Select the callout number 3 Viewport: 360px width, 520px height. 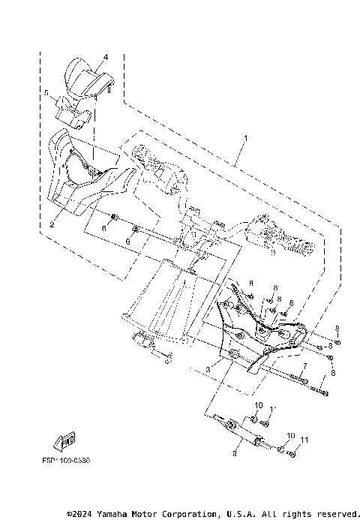[208, 368]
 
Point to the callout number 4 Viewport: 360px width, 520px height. [106, 57]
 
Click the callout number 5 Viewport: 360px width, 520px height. [46, 95]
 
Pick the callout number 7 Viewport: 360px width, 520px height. [304, 369]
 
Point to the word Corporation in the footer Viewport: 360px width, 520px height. [187, 514]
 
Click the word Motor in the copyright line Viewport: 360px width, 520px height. [147, 514]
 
